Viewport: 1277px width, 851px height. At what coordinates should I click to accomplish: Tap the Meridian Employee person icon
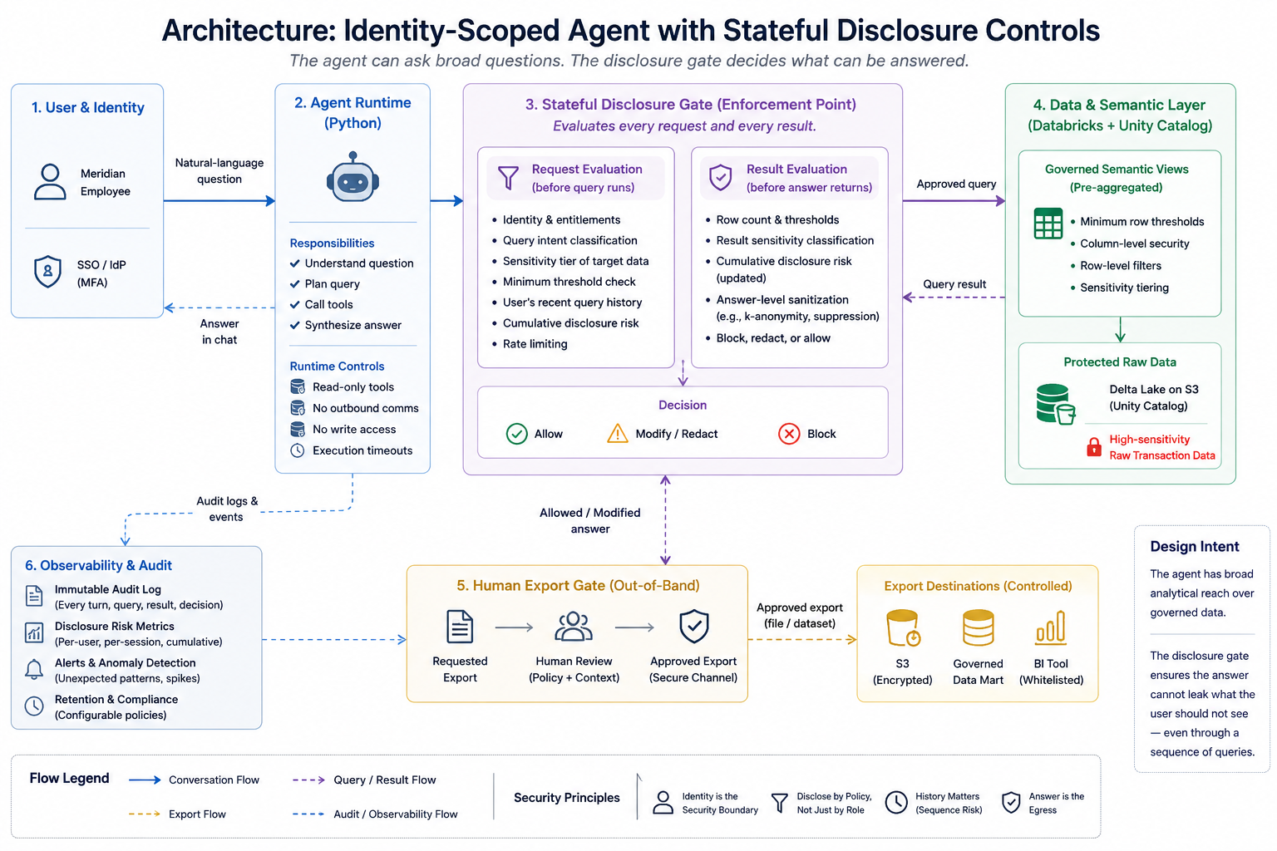[x=50, y=182]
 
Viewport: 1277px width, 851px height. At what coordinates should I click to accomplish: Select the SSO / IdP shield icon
[x=48, y=272]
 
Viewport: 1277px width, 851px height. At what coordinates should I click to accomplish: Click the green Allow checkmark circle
[x=516, y=434]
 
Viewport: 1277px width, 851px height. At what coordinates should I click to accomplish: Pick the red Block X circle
[x=789, y=434]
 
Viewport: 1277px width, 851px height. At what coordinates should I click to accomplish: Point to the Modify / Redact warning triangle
[x=618, y=433]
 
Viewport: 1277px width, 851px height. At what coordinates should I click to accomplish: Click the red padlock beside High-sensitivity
[x=1094, y=447]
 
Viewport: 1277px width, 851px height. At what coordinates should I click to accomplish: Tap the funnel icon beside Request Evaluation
[x=508, y=177]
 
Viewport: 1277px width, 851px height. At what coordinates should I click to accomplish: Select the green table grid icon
[x=1048, y=224]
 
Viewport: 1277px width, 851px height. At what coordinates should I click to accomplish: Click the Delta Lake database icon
[x=1055, y=404]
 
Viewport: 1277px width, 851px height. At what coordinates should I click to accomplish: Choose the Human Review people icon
[x=574, y=627]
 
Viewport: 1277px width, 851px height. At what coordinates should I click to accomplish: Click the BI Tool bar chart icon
[x=1050, y=627]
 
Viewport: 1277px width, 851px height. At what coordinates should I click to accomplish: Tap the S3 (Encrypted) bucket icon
[x=903, y=627]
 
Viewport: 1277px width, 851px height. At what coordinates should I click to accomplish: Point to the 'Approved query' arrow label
[x=956, y=184]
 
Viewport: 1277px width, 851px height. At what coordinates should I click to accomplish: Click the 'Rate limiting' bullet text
[x=535, y=344]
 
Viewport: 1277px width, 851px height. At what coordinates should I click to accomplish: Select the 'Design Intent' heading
[x=1195, y=546]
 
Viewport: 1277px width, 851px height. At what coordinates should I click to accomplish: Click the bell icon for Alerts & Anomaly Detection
[x=34, y=670]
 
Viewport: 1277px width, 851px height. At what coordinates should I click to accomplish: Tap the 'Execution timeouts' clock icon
[x=297, y=450]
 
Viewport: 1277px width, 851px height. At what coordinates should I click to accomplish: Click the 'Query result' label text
[x=954, y=284]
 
